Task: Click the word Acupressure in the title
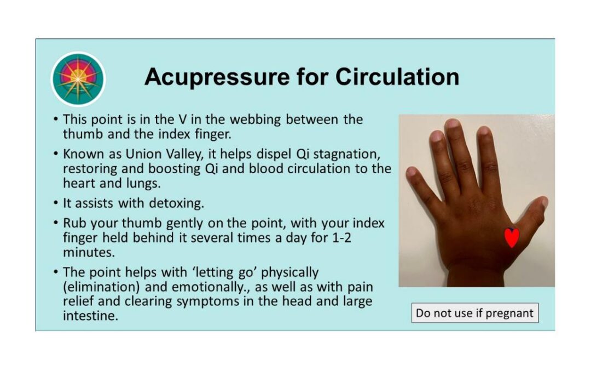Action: [217, 77]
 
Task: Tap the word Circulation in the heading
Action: [397, 77]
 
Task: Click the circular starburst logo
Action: [78, 79]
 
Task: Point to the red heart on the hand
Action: [512, 237]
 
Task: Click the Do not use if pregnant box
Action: [475, 313]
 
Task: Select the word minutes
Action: [89, 252]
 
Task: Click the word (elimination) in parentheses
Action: [101, 287]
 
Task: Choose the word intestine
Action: [90, 316]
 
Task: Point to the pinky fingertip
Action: [410, 172]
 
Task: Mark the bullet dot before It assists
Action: [55, 203]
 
